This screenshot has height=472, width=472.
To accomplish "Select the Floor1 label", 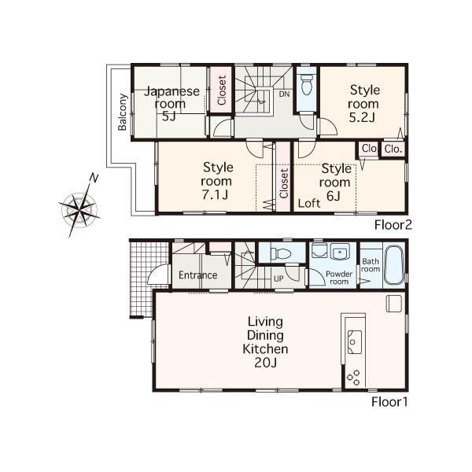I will tap(390, 402).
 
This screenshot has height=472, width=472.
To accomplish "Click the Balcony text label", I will tap(123, 113).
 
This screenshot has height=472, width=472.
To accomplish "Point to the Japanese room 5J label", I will tap(169, 103).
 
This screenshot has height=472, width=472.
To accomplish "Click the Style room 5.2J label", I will tap(363, 104).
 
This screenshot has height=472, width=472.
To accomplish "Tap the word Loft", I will tap(309, 202).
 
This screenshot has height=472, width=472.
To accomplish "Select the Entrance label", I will tap(197, 275).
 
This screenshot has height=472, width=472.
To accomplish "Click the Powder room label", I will tap(339, 277).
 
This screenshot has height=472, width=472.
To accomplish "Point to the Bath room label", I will tap(370, 264).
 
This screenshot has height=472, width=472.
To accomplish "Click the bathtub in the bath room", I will tap(394, 264).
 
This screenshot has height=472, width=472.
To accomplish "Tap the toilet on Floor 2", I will tap(307, 83).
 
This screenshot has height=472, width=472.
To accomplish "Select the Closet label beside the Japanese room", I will tap(222, 90).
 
